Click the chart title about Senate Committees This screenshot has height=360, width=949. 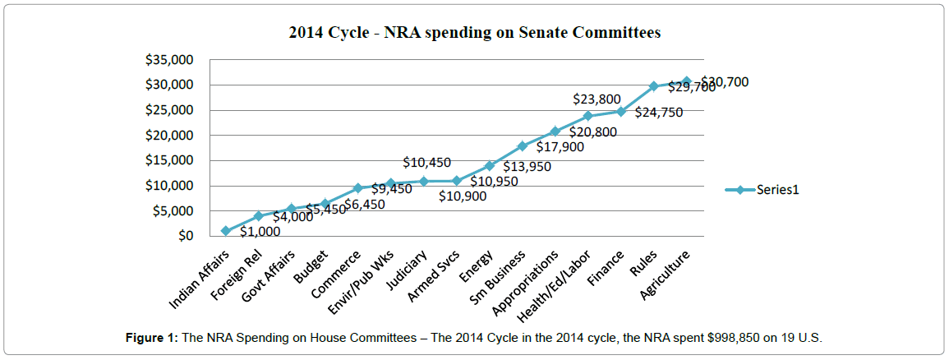click(474, 34)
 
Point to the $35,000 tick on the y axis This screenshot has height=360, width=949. click(171, 59)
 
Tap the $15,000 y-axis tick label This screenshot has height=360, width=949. click(171, 160)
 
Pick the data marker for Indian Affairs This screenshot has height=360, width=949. click(226, 231)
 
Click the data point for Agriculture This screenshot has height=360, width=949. click(687, 81)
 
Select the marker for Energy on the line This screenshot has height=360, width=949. click(490, 166)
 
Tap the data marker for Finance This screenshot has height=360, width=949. click(621, 112)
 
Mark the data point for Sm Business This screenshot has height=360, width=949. click(522, 146)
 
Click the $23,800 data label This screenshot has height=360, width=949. click(597, 99)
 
